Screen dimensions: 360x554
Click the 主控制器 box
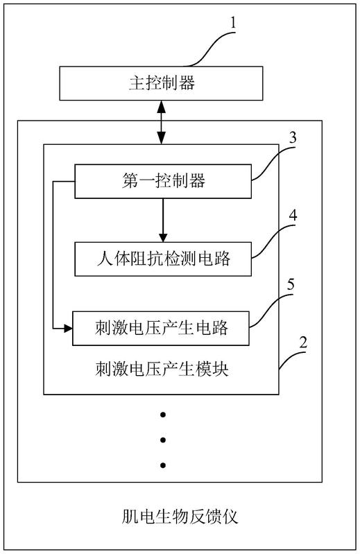[x=161, y=83]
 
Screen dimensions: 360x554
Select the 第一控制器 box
[x=163, y=181]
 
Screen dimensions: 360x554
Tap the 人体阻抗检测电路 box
[x=163, y=259]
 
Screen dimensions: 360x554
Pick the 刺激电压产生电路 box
[x=161, y=328]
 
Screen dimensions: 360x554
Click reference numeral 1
[x=233, y=23]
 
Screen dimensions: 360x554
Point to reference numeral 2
[x=303, y=343]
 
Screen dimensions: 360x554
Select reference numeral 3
[x=293, y=138]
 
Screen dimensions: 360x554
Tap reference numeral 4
[x=293, y=215]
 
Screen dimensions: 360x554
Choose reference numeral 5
[x=291, y=284]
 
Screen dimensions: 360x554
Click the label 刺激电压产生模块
[x=162, y=369]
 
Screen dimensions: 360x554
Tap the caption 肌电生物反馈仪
[x=180, y=517]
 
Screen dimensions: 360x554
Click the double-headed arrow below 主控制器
[x=162, y=122]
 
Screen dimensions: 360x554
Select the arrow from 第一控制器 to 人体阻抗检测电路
[x=163, y=220]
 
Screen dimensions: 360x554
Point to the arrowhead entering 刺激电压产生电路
[x=68, y=328]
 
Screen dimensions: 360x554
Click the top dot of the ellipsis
[x=163, y=415]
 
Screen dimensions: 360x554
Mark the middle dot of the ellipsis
[x=163, y=440]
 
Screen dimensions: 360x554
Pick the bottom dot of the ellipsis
[x=163, y=465]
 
